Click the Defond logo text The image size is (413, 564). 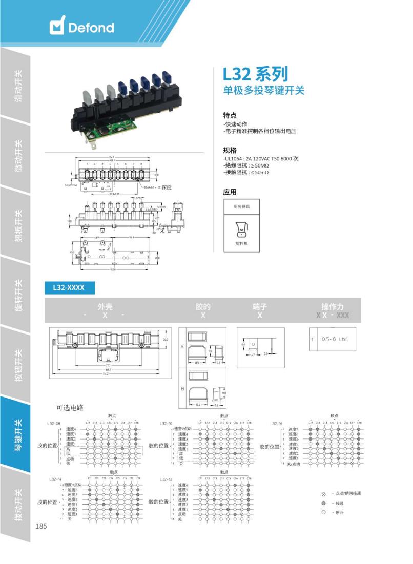91,27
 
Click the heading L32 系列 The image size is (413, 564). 255,74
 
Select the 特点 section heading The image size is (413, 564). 230,115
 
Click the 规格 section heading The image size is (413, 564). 230,150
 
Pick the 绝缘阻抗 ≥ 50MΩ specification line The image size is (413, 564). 246,165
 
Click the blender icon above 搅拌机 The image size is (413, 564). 241,229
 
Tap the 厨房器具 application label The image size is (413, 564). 241,206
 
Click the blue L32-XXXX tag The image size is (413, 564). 70,288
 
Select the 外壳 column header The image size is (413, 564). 105,307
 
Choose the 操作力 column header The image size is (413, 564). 333,307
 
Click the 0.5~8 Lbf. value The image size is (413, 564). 335,339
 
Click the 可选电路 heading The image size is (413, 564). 70,408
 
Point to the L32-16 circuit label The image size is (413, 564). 276,423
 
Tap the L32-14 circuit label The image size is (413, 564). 55,479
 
